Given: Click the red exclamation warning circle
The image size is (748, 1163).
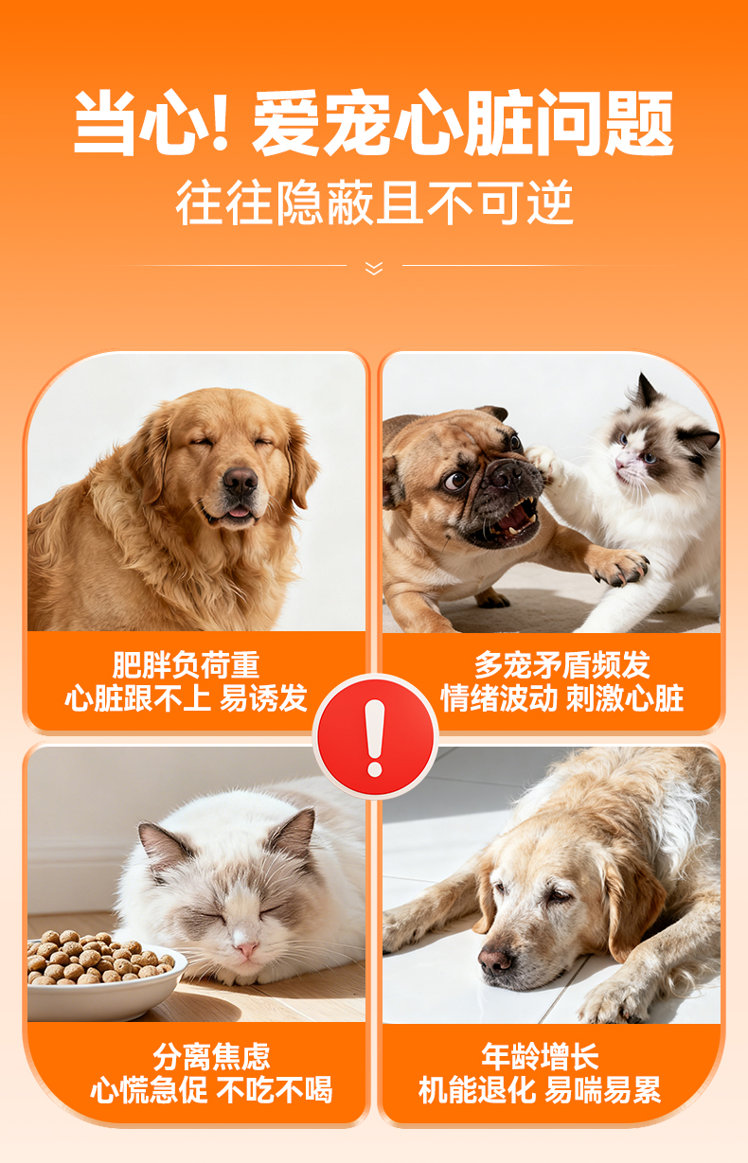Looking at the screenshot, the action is click(x=375, y=736).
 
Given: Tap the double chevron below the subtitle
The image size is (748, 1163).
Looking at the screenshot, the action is click(x=374, y=268).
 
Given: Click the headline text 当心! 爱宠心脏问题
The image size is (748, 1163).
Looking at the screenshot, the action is click(x=374, y=122).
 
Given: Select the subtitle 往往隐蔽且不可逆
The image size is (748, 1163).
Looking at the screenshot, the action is click(x=374, y=203).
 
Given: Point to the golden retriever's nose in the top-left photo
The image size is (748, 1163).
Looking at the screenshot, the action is click(x=240, y=481).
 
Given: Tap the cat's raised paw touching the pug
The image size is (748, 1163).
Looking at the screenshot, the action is click(x=544, y=462).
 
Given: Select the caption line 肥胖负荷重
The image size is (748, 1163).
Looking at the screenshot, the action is click(x=186, y=665).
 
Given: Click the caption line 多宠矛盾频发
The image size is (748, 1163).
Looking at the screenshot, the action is click(x=562, y=665).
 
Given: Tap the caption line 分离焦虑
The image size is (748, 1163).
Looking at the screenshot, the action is click(x=211, y=1057).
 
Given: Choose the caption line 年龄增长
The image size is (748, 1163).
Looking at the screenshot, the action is click(x=541, y=1057).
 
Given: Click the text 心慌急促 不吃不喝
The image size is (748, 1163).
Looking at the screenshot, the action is click(x=211, y=1090).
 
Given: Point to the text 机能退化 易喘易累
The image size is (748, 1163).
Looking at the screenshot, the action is click(x=541, y=1090).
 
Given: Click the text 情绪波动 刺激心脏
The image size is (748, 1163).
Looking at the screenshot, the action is click(x=562, y=698).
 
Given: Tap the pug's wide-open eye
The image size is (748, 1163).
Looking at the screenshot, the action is click(x=455, y=481).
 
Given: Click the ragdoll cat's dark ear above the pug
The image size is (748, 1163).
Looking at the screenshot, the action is click(x=646, y=391).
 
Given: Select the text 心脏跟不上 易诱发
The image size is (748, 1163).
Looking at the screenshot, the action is click(x=186, y=698).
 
